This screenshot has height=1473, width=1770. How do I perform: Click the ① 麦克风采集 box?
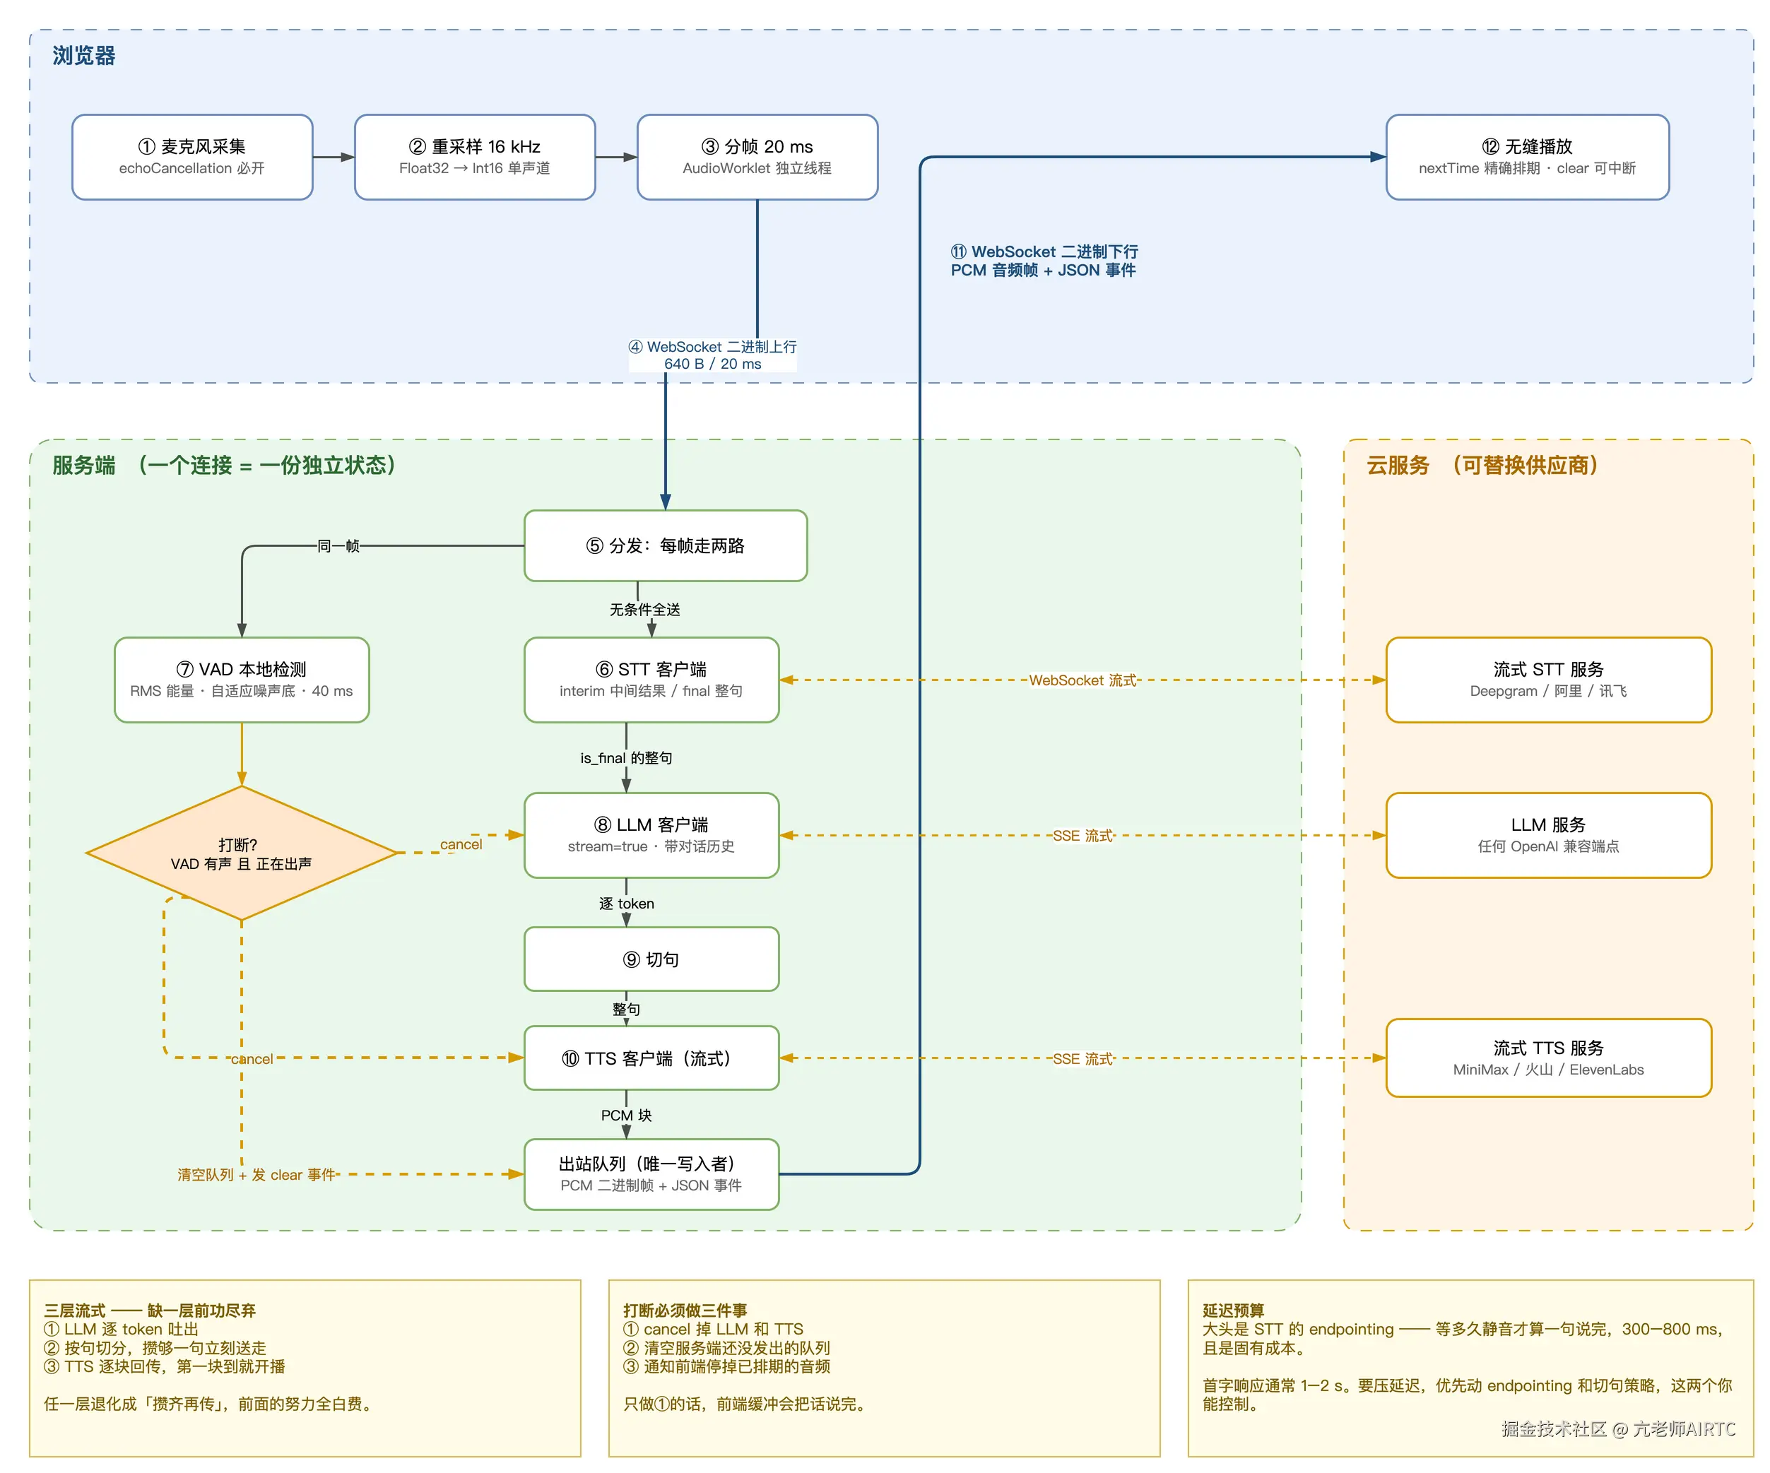(x=192, y=157)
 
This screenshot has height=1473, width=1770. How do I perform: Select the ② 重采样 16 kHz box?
(x=475, y=157)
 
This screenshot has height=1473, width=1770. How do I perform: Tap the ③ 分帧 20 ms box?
(x=757, y=157)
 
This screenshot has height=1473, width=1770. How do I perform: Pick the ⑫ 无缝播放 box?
(x=1527, y=157)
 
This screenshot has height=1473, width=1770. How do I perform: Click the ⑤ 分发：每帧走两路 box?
(x=665, y=545)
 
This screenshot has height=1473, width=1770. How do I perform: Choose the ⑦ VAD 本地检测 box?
(x=242, y=679)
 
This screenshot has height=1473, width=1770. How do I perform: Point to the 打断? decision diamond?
(x=242, y=853)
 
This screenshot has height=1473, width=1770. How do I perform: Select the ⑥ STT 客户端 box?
(x=651, y=679)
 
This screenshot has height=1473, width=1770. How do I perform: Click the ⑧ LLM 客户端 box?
(x=651, y=835)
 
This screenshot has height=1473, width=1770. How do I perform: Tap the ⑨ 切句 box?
(x=651, y=959)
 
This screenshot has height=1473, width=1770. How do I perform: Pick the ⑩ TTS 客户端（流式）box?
(x=651, y=1058)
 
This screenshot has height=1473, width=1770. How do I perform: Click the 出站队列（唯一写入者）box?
(x=651, y=1174)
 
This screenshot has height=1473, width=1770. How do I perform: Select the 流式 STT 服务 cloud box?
(x=1548, y=679)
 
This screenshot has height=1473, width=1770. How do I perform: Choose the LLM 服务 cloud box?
(x=1548, y=835)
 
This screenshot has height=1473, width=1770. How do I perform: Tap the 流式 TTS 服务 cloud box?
(x=1548, y=1058)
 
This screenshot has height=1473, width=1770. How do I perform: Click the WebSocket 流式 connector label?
(x=1082, y=680)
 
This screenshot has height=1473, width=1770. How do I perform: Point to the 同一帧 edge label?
(x=338, y=546)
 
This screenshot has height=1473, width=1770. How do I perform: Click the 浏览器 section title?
(x=83, y=56)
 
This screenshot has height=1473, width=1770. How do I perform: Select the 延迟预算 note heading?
(x=1233, y=1311)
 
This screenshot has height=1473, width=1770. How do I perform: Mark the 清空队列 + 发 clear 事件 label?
(x=256, y=1175)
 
